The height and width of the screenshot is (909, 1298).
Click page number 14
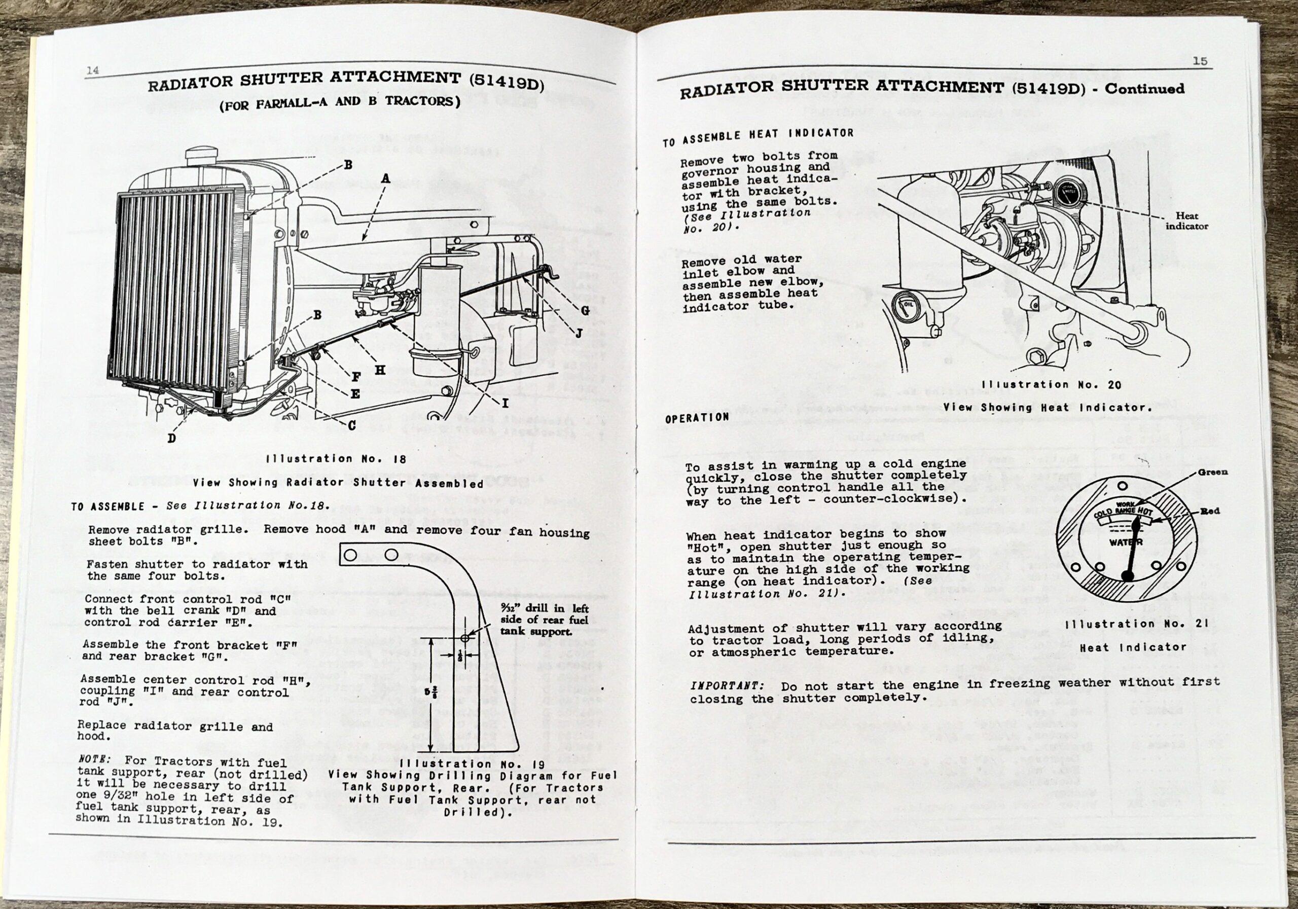coord(92,70)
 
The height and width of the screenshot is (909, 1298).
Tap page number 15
coord(1200,61)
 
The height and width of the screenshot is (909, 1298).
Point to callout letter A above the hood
coord(385,178)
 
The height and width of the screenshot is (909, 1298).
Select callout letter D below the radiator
coord(172,438)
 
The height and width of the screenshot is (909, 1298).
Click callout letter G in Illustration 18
coord(585,310)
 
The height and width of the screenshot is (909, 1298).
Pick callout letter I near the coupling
coord(505,403)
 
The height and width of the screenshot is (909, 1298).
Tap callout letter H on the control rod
coord(380,370)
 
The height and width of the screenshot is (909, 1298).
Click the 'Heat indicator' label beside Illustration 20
coord(1186,221)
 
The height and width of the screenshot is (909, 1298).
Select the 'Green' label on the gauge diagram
coord(1213,472)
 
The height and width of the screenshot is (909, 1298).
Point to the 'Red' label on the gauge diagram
coord(1210,511)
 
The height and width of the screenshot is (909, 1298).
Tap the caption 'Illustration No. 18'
coord(336,459)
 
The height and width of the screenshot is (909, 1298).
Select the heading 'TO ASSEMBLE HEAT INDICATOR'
coord(758,137)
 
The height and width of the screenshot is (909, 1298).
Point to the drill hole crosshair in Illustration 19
coord(465,638)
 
